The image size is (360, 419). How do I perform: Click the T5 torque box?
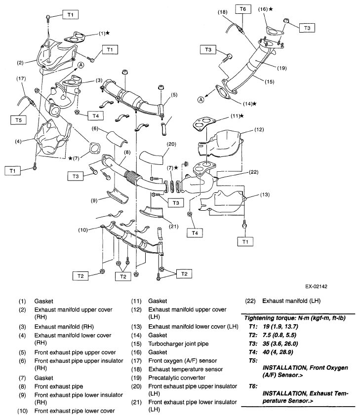[18, 120]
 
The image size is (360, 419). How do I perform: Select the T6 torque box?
[243, 9]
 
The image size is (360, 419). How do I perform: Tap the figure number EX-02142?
[316, 286]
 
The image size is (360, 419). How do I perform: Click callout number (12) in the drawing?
[259, 130]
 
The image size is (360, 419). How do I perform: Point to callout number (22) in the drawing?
[253, 172]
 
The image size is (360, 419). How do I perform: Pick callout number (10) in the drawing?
[83, 230]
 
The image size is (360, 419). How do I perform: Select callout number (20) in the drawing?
[171, 144]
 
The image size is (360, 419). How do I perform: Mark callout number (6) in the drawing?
[95, 128]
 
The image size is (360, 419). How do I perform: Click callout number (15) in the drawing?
[269, 82]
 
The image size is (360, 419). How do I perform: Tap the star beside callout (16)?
[271, 9]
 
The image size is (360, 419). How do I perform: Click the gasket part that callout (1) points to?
[75, 37]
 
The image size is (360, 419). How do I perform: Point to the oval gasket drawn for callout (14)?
[223, 92]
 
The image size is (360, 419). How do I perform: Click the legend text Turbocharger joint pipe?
[178, 343]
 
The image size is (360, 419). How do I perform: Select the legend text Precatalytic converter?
[177, 378]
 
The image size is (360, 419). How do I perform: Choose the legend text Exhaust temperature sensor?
[186, 369]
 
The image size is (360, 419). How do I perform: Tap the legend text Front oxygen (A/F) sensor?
[183, 361]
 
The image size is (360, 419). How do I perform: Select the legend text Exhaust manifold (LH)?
[291, 301]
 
